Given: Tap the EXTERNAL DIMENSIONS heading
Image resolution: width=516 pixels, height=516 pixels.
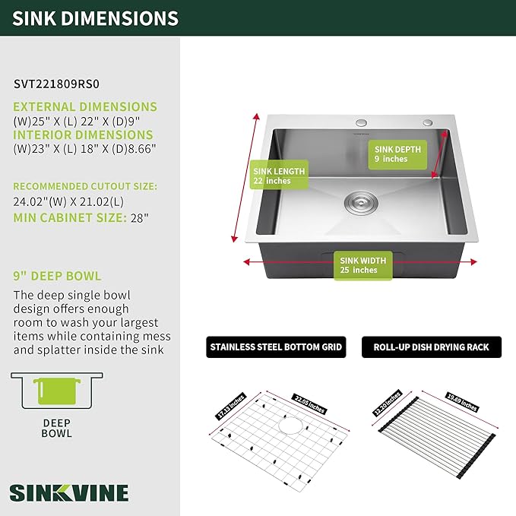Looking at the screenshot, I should pyautogui.click(x=85, y=107).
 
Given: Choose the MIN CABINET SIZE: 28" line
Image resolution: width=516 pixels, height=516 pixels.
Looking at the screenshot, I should pyautogui.click(x=81, y=218).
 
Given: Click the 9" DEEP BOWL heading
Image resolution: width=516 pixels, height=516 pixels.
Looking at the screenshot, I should pyautogui.click(x=57, y=276).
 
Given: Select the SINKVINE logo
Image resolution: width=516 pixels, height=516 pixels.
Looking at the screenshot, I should pyautogui.click(x=70, y=492).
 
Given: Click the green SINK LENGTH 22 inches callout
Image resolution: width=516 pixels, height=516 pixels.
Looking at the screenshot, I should pyautogui.click(x=279, y=176).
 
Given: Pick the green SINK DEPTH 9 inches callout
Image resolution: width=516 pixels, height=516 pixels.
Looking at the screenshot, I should pyautogui.click(x=400, y=154).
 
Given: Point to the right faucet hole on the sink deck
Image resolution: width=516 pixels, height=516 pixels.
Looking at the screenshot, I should pyautogui.click(x=428, y=122).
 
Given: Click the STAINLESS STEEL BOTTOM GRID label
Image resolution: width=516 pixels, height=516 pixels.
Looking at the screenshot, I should pyautogui.click(x=276, y=348).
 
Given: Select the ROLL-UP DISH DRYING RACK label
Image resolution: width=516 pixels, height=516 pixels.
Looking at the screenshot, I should pyautogui.click(x=431, y=348).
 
